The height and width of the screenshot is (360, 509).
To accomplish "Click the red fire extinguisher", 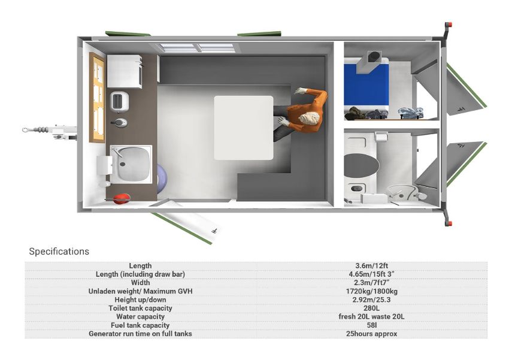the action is (x=121, y=199).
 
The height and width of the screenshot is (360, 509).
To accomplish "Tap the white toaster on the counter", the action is (x=119, y=102).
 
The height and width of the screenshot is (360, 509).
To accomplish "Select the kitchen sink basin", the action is (x=132, y=164).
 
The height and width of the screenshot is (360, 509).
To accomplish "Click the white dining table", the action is (x=244, y=128).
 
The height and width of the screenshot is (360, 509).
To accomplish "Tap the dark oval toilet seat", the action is (x=361, y=165).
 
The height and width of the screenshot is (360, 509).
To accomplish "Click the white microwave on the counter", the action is (x=125, y=71).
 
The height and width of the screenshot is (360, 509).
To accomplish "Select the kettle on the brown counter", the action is (x=119, y=123).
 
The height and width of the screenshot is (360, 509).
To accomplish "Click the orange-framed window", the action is (x=97, y=98).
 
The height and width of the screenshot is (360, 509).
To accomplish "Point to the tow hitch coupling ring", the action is (x=25, y=130).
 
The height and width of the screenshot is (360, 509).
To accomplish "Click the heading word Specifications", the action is (x=59, y=251).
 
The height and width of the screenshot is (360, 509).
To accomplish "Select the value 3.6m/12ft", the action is (x=371, y=265).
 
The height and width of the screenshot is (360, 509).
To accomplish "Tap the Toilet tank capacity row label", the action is (x=140, y=308).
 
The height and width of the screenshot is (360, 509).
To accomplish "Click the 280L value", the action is (x=371, y=308).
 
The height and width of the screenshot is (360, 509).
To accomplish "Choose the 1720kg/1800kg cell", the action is (x=371, y=291).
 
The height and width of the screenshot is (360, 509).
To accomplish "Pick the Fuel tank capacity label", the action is (x=140, y=325).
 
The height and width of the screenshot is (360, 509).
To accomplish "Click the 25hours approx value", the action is (x=371, y=334).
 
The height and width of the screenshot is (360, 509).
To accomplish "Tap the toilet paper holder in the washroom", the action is (x=381, y=137).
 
